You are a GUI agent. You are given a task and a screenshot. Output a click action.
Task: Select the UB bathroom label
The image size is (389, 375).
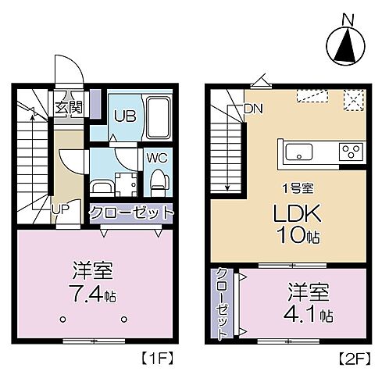(x=123, y=116)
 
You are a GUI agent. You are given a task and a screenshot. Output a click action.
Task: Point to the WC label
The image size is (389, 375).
(x=156, y=157)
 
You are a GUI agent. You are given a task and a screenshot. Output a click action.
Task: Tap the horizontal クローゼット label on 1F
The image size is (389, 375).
(x=130, y=212)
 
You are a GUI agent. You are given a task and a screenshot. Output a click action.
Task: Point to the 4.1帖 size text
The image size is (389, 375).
(x=309, y=315)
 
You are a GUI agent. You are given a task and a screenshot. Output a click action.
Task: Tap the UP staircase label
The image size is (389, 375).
(x=59, y=209)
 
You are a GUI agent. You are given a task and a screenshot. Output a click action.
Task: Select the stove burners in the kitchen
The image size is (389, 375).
(x=348, y=150)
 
